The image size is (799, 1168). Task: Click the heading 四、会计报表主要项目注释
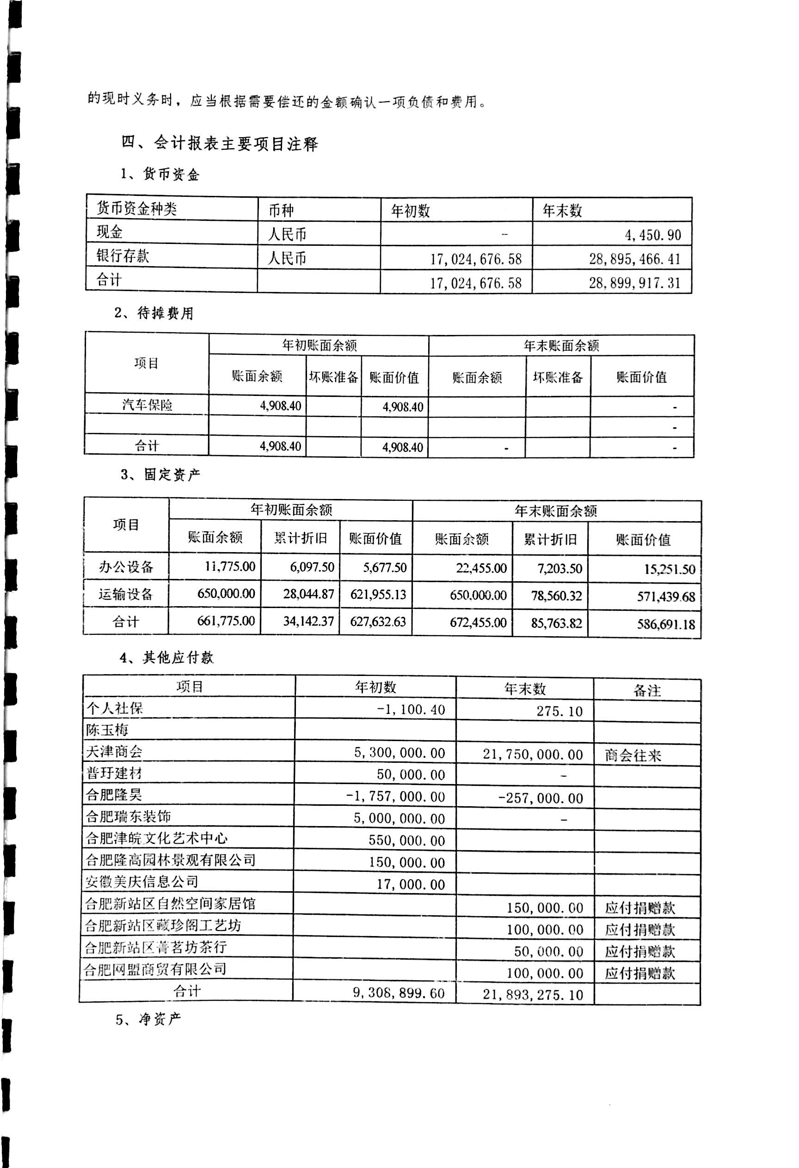click(x=220, y=144)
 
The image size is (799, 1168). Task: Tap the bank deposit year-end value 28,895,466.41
click(x=634, y=259)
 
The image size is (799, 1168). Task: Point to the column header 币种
click(x=281, y=210)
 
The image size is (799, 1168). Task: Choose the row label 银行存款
click(x=123, y=256)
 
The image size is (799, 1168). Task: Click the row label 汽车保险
click(x=148, y=405)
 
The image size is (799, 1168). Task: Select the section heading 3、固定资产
click(x=160, y=474)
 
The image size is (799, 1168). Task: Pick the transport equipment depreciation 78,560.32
click(x=556, y=596)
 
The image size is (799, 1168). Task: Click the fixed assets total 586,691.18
click(x=666, y=624)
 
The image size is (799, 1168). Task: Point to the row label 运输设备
click(x=126, y=595)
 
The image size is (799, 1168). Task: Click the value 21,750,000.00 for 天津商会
click(x=533, y=754)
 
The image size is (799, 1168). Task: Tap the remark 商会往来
click(x=633, y=755)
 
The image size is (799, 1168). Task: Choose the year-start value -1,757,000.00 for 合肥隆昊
click(x=396, y=797)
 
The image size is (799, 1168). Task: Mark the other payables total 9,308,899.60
click(x=399, y=992)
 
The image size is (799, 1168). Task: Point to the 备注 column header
click(x=646, y=691)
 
